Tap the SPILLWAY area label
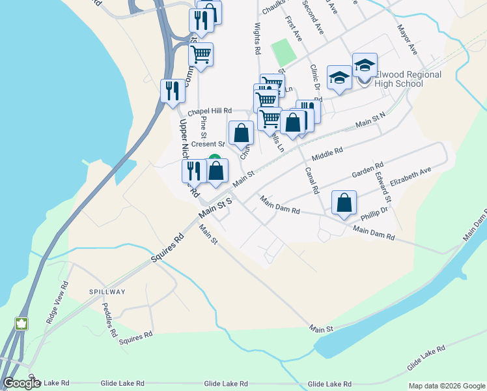pos(107,291)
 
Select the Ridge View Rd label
pos(57,302)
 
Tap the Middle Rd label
pos(327,154)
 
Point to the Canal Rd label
pos(312,180)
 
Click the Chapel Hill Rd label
pos(210,111)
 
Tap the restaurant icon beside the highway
pos(172,91)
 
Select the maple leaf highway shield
pos(21,323)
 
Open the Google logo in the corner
pos(21,383)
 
